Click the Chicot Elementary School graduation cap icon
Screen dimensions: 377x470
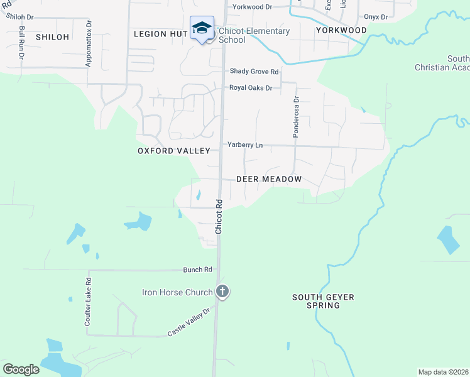[x=202, y=28]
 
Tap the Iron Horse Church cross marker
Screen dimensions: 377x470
[x=222, y=292]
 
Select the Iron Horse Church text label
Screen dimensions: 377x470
[x=177, y=292]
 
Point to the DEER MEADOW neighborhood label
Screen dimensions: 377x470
[x=269, y=179]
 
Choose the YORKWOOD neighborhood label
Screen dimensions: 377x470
[x=341, y=30]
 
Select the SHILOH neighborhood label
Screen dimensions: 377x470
[x=52, y=37]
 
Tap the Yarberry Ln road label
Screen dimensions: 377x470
[x=245, y=145]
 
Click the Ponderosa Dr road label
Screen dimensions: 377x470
[x=296, y=117]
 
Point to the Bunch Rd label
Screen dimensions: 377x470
[x=197, y=270]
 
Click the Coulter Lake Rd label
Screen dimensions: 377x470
[x=89, y=302]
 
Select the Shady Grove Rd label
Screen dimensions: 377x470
[x=254, y=72]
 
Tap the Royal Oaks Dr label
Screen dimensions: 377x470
[x=251, y=88]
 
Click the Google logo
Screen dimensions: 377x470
[x=21, y=369]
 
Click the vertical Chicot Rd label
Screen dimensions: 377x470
[x=219, y=217]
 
